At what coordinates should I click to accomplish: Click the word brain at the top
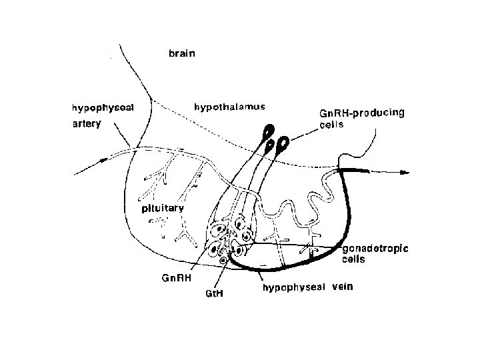[x=181, y=55]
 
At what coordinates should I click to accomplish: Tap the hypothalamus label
[x=229, y=107]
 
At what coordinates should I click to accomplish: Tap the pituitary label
[x=162, y=208]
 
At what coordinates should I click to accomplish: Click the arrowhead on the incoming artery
[x=103, y=159]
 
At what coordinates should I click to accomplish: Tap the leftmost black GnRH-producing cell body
[x=267, y=129]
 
